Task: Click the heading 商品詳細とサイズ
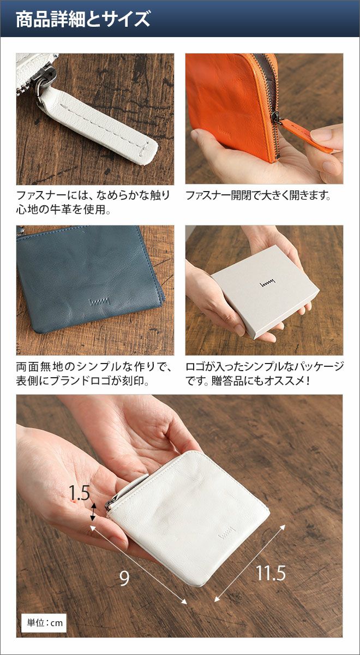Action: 83,19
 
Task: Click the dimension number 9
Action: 124,578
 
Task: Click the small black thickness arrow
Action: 93,512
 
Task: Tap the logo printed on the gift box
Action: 267,283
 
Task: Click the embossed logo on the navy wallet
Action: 100,301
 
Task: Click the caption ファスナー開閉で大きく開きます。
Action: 258,195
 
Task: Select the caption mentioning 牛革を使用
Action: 93,203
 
